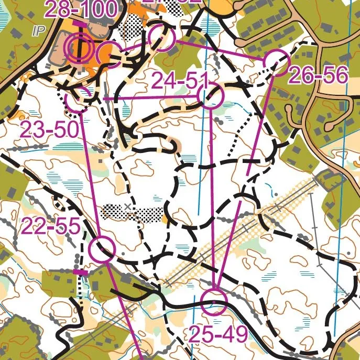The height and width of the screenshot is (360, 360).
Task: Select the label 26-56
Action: pos(318,76)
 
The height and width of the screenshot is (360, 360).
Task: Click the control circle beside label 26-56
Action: pos(276,62)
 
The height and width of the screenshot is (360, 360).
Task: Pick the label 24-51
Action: pos(180,81)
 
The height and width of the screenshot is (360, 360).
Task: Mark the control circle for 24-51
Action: pos(211,97)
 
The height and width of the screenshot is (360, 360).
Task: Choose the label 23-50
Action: pos(50,129)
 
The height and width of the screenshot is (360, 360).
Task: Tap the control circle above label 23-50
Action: pos(78,99)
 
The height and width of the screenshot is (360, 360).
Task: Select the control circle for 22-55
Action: pos(102,249)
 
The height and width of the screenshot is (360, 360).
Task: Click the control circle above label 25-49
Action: pos(215,302)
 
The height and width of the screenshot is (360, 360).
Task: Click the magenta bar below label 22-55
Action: pos(80,272)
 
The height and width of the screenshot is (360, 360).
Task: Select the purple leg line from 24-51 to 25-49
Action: pos(212,199)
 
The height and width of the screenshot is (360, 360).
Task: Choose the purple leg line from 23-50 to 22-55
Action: pos(90,173)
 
